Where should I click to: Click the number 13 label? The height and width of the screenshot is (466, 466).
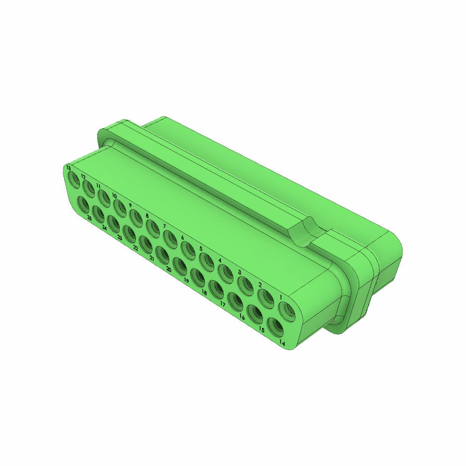tap(69, 167)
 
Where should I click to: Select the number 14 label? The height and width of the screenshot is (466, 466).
tap(282, 343)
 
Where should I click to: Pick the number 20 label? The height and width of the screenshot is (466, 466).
tap(168, 269)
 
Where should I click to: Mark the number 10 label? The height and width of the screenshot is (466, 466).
tap(114, 196)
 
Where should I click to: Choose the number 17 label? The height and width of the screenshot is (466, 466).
tap(223, 304)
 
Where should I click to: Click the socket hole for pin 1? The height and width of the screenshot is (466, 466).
tap(286, 311)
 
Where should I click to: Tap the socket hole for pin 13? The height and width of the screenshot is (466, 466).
tap(74, 178)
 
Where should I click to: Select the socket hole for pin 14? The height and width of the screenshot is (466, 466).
tap(275, 327)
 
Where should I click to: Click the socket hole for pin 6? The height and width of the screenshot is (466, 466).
tap(188, 251)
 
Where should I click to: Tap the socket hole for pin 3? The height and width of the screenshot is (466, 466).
tap(245, 286)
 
